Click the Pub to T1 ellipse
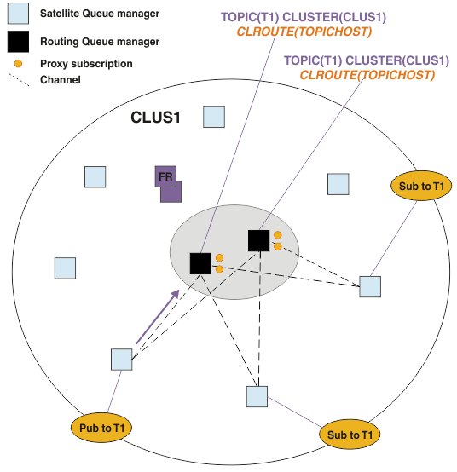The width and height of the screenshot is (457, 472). (101, 428)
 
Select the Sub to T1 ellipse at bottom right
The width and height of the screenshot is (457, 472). (350, 435)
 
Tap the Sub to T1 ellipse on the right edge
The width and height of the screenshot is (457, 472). (421, 186)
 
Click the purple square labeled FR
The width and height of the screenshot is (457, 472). (165, 176)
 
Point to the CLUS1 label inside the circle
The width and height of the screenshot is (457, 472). (155, 117)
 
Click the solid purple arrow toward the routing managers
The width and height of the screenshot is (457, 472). (158, 317)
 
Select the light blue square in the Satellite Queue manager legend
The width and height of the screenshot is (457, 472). (18, 14)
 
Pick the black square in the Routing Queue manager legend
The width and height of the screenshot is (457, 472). (18, 42)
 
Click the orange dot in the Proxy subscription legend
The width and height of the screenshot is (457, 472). (18, 64)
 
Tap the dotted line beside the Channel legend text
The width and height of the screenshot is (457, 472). (20, 80)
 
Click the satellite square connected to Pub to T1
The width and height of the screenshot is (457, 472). (122, 360)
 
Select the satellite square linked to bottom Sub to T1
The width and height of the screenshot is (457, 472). (257, 397)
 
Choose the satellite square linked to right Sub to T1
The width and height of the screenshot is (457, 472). (370, 286)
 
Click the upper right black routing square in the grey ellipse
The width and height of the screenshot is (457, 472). (259, 240)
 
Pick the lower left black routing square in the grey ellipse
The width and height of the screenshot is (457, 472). (200, 263)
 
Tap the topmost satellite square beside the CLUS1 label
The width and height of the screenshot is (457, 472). (214, 117)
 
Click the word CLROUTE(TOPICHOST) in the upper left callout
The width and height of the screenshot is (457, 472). (304, 32)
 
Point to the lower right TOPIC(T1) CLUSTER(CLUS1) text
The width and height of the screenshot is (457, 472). (367, 60)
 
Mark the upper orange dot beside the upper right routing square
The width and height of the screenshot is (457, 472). (278, 235)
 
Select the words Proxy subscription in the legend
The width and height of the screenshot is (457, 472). (86, 64)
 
